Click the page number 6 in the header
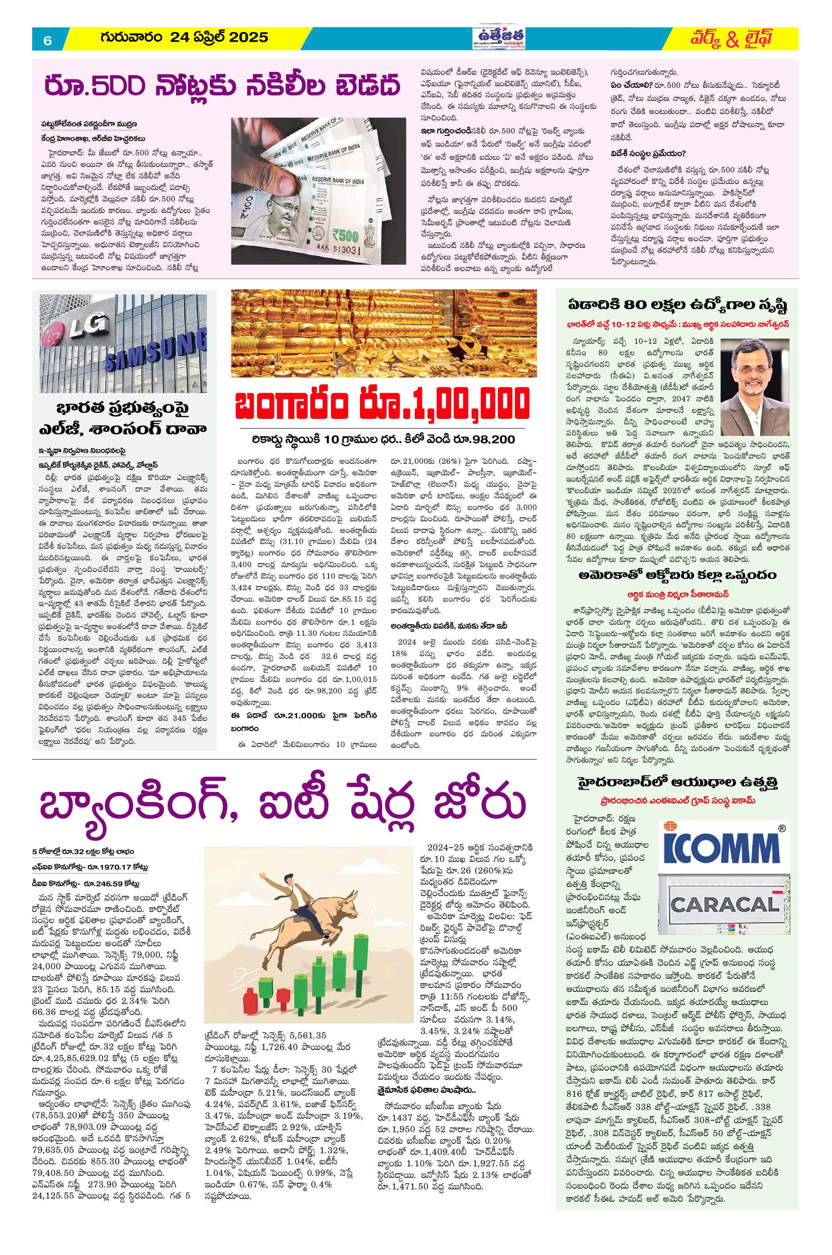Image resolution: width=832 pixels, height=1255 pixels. click(47, 40)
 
